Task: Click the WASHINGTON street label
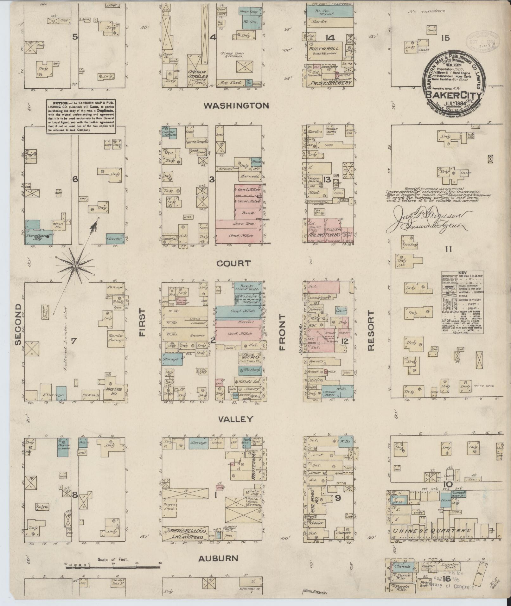pos(236,105)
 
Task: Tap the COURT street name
pos(234,263)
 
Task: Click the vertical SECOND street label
pos(17,325)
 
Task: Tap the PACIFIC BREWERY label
pos(331,83)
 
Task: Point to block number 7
pos(74,341)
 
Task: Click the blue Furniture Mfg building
pos(38,233)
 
